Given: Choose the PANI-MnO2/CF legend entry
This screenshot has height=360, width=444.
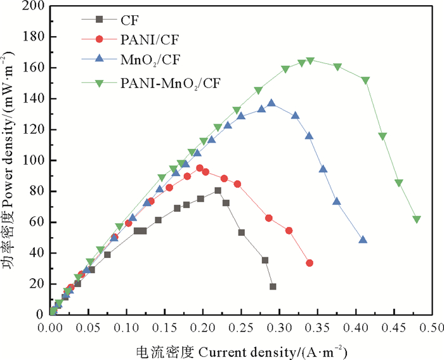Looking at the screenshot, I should (x=171, y=82).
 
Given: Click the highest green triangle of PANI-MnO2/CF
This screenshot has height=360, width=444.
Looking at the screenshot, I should (x=310, y=61).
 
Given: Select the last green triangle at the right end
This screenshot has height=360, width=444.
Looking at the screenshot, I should (x=417, y=219).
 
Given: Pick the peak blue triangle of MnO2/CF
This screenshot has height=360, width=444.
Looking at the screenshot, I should (x=271, y=103).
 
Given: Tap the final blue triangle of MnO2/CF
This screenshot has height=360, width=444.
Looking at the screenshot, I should (x=363, y=240).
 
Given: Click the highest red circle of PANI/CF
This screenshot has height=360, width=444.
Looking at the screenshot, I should (x=200, y=168).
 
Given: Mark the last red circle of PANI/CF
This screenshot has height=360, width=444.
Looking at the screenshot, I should (x=310, y=263).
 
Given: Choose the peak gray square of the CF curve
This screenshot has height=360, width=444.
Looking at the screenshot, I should (x=218, y=190).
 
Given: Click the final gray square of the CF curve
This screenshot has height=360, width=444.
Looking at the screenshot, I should (x=273, y=286).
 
